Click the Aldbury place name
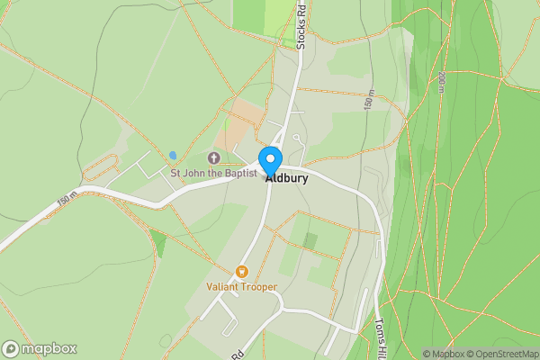[x=287, y=178]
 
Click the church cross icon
[x=214, y=158]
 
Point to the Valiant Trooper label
[x=241, y=287]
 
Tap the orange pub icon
[x=241, y=272]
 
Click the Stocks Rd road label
[x=301, y=25]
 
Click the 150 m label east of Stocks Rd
[x=369, y=100]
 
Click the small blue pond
[x=172, y=155]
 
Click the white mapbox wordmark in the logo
[x=49, y=349]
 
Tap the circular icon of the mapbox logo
[x=11, y=349]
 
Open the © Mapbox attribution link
[x=445, y=354]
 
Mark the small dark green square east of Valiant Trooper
[x=310, y=241]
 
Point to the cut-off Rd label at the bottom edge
[x=238, y=355]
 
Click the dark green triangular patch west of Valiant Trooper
[x=158, y=242]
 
